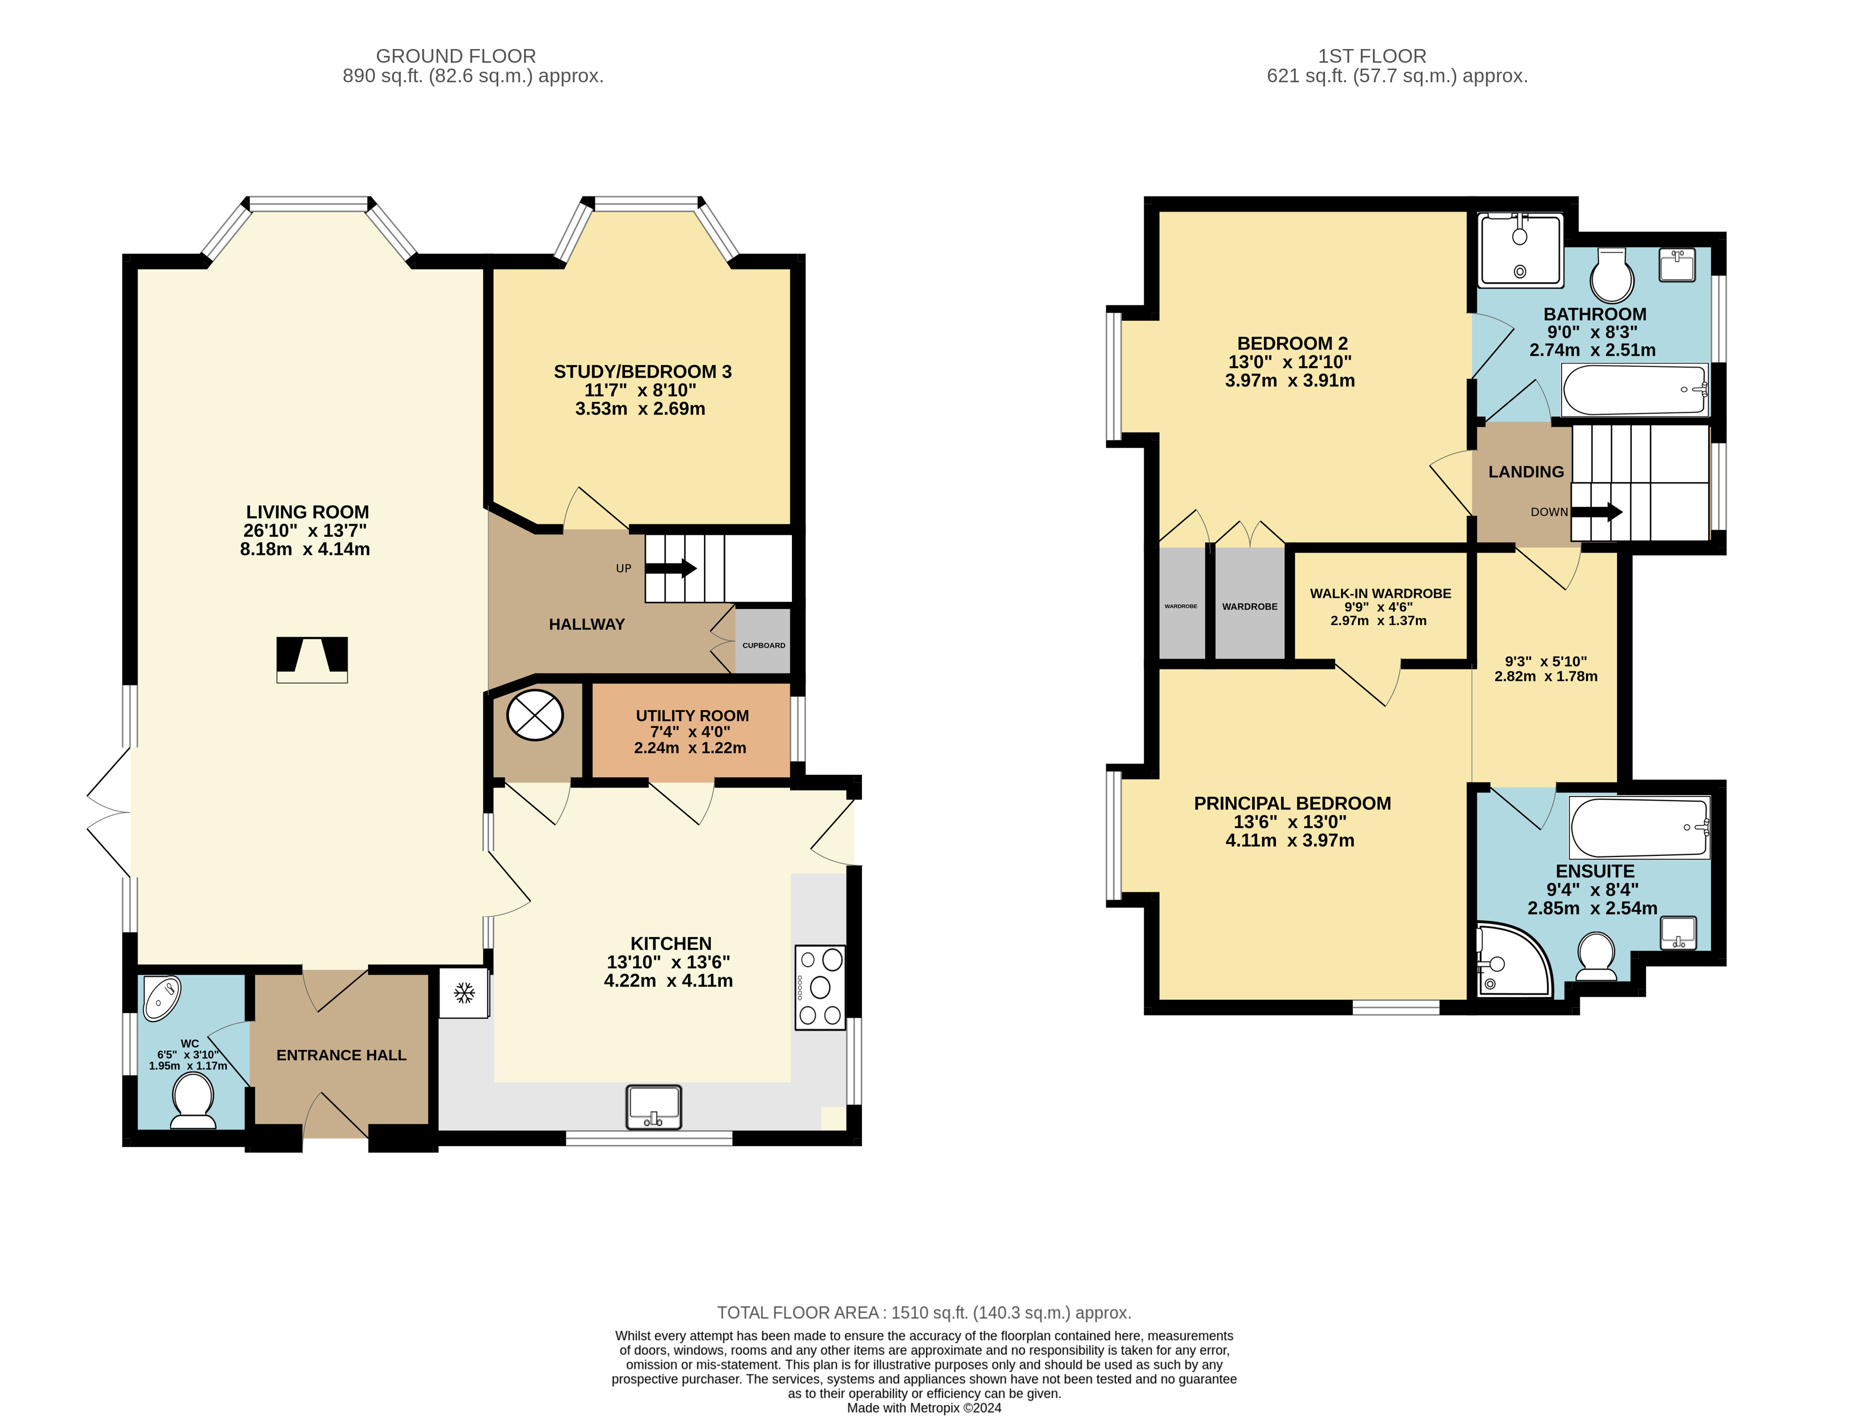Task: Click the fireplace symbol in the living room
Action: coord(312,660)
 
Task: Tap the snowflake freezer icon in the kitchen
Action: coord(463,994)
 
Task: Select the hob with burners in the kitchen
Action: coord(820,988)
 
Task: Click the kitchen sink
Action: coord(653,1106)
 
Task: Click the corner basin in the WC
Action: coord(161,998)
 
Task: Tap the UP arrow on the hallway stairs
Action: coord(671,568)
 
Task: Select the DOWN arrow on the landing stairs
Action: coord(1596,512)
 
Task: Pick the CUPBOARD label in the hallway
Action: coord(763,646)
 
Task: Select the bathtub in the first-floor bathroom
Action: coord(1635,389)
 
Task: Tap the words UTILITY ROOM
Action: coord(692,716)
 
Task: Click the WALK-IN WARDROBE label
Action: coord(1380,593)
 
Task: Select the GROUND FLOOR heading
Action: coord(456,56)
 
